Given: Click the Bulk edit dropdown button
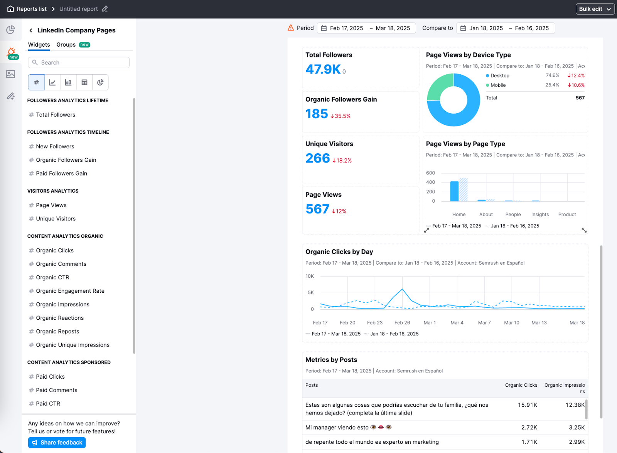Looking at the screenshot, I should (595, 9).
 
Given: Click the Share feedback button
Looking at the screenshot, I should (57, 443).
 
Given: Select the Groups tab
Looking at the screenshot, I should (66, 45).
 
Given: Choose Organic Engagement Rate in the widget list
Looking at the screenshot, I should (70, 291).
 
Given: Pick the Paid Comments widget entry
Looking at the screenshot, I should (57, 390).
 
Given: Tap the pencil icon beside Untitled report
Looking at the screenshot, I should (105, 9).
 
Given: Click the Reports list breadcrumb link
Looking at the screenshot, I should (32, 9).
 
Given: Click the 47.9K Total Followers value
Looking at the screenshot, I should (323, 69).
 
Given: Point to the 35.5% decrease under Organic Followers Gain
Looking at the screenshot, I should (341, 116).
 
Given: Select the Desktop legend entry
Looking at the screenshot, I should (499, 75).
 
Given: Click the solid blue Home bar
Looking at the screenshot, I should (455, 191).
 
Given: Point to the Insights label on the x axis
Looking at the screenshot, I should (540, 215).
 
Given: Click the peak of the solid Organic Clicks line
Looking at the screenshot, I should (402, 289).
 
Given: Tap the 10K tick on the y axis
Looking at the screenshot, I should (310, 276).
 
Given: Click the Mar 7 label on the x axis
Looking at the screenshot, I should (484, 323).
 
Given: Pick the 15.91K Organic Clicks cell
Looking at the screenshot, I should (527, 405).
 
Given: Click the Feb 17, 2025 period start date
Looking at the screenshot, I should (346, 28).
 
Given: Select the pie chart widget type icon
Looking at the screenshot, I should (100, 82).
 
